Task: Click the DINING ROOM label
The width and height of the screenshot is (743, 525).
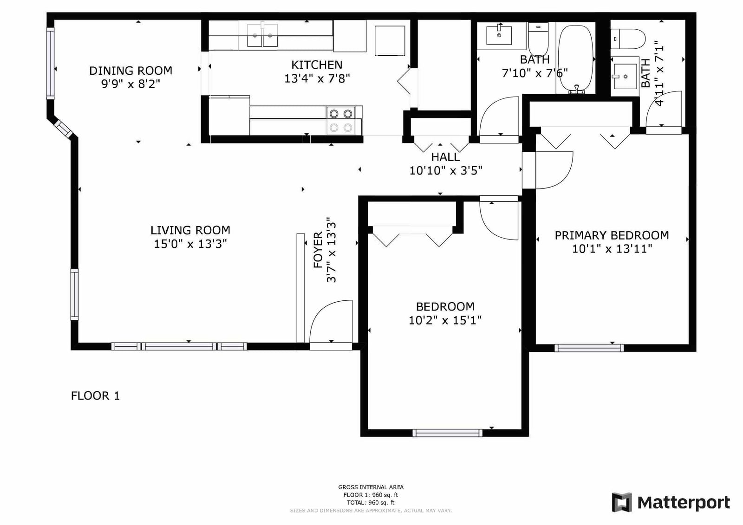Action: coord(130,71)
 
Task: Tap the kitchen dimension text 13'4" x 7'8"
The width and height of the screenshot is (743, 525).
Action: coord(317,78)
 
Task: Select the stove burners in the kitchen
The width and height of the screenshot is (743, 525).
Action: coord(341,121)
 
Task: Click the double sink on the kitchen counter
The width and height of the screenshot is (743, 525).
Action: coord(262,35)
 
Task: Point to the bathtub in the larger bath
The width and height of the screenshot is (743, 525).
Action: coord(576,58)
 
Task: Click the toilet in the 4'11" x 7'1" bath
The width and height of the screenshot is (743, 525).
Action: coord(628,39)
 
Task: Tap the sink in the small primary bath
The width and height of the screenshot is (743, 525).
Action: coord(625,77)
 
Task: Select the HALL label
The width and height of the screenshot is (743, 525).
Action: coord(445,157)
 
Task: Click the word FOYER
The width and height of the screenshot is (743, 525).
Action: coord(318,250)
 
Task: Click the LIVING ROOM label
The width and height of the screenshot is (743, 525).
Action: coord(190,230)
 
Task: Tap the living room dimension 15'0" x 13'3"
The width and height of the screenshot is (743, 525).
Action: coord(190,244)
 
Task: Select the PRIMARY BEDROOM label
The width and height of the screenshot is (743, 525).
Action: coord(612,235)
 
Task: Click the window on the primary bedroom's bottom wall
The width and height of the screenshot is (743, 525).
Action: coord(589,348)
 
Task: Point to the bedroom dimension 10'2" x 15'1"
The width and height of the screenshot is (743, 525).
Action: coord(445,320)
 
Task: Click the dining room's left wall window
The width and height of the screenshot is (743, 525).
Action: coord(50,63)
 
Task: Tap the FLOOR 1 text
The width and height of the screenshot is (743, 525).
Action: coord(95,395)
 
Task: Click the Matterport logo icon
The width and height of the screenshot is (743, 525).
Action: coord(622,502)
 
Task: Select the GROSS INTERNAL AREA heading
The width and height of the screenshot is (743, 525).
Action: coord(371,487)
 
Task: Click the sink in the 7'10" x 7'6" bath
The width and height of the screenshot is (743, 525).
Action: coord(499,35)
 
